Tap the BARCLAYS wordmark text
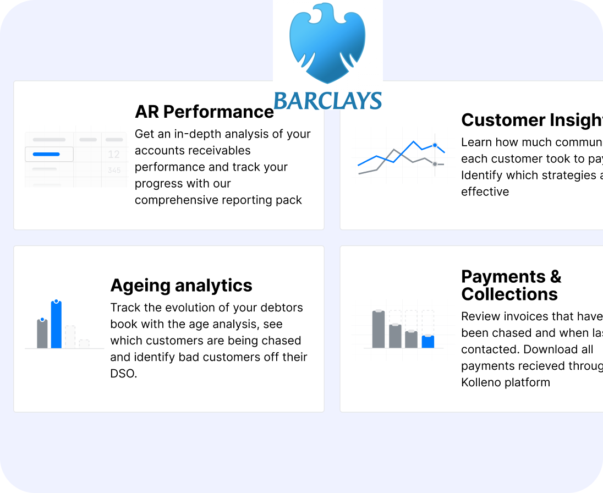(327, 101)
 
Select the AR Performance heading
(204, 112)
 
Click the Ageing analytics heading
(181, 285)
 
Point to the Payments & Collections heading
(511, 285)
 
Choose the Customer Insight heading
(531, 120)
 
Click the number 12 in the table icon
(114, 154)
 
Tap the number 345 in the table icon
(114, 171)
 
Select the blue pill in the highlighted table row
(46, 154)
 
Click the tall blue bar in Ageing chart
(56, 325)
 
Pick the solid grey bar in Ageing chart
(42, 333)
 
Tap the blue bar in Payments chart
(428, 342)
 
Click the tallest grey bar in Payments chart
(378, 329)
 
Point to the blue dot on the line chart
(435, 145)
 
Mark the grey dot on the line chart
(435, 164)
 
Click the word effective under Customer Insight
(485, 191)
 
